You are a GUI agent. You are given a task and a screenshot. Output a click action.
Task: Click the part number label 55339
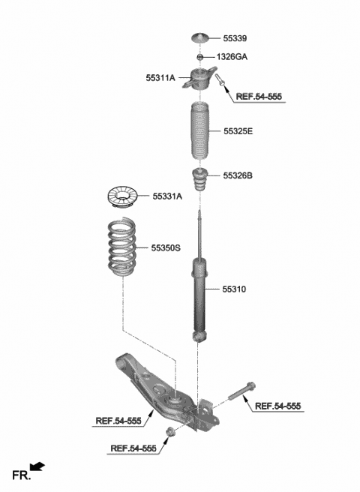(235, 37)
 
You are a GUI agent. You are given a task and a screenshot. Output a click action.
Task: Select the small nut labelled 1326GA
(200, 57)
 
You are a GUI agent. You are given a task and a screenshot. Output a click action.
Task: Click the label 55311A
(160, 76)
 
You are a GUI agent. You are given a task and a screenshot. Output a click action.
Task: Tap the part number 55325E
(238, 131)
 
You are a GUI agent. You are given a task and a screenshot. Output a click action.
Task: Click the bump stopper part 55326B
(200, 181)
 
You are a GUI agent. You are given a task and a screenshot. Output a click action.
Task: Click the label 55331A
(167, 196)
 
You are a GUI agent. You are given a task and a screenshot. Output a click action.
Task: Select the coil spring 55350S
(122, 247)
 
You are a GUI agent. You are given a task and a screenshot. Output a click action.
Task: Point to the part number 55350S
(166, 247)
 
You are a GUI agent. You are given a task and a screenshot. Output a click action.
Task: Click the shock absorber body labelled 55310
(200, 296)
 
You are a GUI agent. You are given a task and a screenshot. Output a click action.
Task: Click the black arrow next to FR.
(37, 467)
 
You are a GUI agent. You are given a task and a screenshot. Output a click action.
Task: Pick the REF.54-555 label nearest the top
(259, 97)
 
